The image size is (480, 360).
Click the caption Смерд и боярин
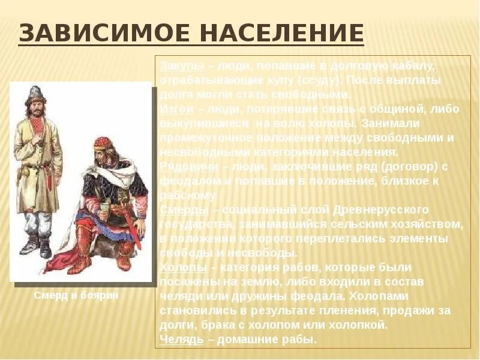click(76, 295)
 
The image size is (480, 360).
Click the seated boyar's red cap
click(103, 145)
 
